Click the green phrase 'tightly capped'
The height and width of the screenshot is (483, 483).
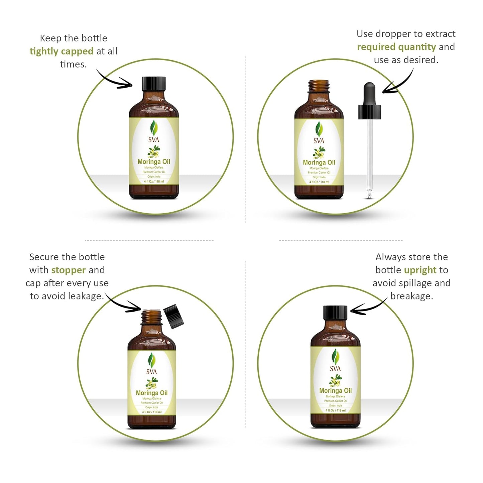click(x=62, y=51)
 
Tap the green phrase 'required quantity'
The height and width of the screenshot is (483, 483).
click(x=396, y=47)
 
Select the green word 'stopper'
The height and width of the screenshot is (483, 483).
click(x=69, y=270)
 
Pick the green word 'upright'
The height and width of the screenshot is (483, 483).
click(x=420, y=270)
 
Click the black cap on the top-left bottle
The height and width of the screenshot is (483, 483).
click(x=154, y=84)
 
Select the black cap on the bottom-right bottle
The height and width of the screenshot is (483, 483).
click(x=335, y=313)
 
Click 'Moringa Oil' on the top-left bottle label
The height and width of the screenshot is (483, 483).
click(x=154, y=162)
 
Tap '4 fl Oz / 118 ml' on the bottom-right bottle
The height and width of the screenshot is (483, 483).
click(x=335, y=410)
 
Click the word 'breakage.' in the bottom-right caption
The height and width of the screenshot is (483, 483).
click(x=411, y=296)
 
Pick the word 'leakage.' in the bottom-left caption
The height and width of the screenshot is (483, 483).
click(x=86, y=296)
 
